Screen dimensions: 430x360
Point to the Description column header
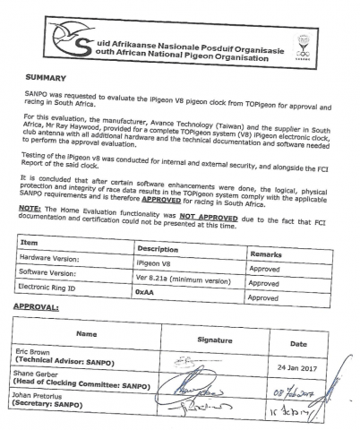pos(158,248)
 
